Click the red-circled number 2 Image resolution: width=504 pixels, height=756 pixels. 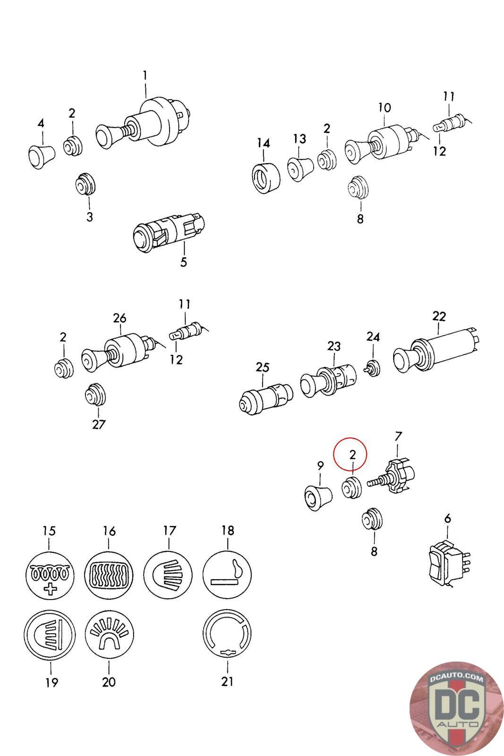pos(352,455)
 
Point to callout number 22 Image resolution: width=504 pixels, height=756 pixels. pos(439,316)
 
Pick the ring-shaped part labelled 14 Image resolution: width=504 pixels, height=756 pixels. pos(264,178)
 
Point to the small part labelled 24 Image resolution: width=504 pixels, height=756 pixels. pos(373,368)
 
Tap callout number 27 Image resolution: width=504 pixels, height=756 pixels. pos(99,424)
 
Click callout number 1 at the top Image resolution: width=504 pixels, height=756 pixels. pos(145,76)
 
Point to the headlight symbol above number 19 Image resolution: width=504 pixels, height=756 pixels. pos(50,634)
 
